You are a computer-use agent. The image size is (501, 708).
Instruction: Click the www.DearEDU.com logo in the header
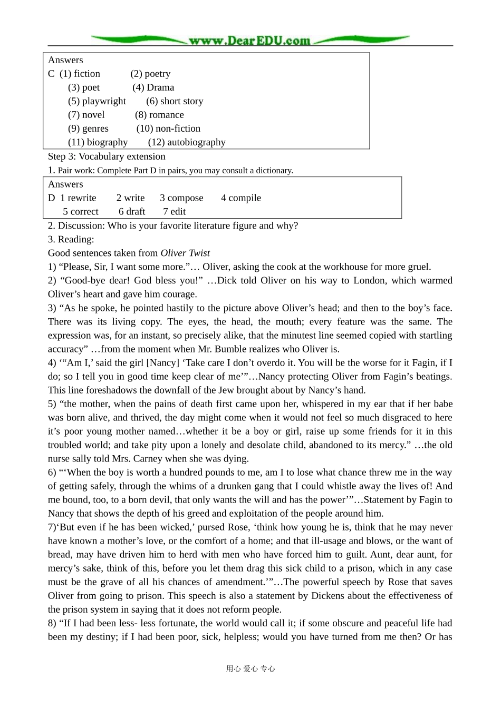(x=249, y=41)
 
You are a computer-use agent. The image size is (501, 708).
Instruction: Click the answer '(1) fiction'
(x=80, y=74)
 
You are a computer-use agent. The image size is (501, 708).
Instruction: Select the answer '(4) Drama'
(x=153, y=87)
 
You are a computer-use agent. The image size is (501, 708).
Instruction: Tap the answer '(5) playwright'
(x=97, y=101)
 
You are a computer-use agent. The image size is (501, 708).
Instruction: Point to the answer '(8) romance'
(x=159, y=115)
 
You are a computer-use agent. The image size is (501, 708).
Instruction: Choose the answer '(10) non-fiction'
(x=168, y=129)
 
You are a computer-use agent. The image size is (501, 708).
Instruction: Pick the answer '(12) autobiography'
(x=187, y=142)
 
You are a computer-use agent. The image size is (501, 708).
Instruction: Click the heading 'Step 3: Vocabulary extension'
(x=107, y=156)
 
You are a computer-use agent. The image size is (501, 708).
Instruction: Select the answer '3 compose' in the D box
(x=181, y=198)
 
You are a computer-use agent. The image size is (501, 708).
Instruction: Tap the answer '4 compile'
(x=241, y=198)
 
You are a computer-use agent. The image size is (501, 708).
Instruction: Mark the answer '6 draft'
(x=132, y=212)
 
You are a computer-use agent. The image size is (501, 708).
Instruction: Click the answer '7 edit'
(x=174, y=212)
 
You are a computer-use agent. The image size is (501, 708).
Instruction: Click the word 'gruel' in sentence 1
(x=417, y=267)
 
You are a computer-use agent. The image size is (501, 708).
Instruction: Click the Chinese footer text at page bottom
(x=250, y=668)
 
